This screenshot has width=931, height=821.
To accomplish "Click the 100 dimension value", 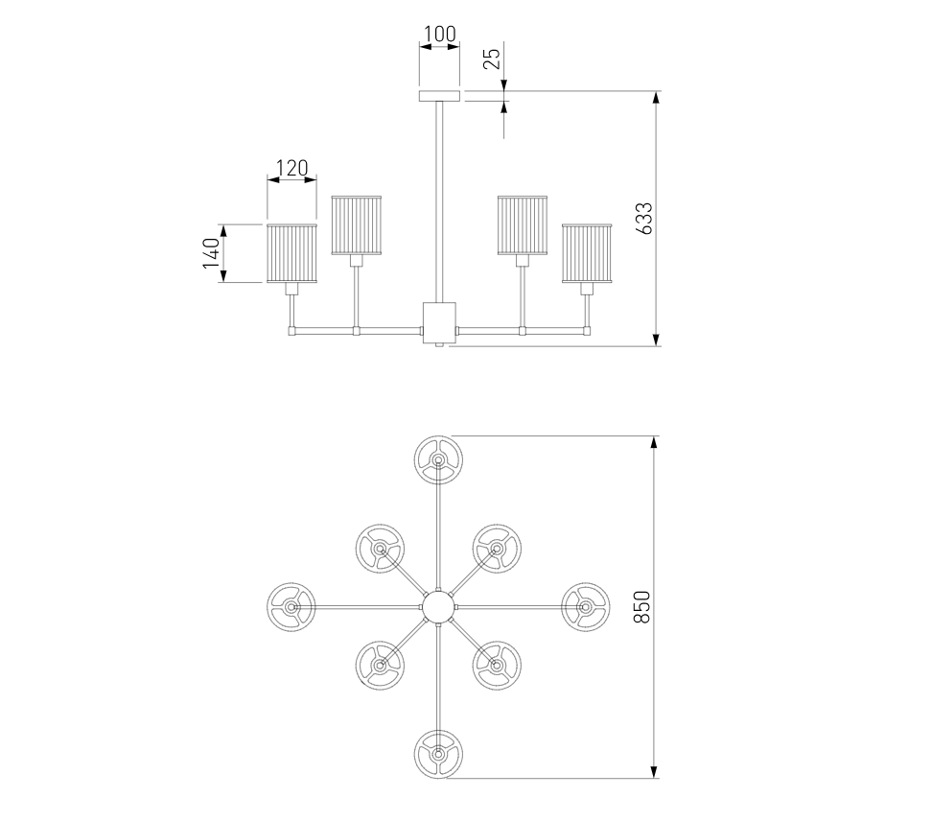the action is [439, 34].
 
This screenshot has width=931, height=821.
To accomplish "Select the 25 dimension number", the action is [491, 59].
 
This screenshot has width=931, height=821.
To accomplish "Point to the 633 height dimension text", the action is [645, 219].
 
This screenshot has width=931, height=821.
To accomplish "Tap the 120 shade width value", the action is [291, 169].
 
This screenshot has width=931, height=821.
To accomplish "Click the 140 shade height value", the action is [212, 253].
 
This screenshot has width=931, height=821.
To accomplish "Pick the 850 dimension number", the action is [643, 607].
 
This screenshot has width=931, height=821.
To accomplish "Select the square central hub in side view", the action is [438, 321].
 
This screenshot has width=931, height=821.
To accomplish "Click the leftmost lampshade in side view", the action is [291, 254].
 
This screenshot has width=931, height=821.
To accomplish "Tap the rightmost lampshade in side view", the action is [587, 254].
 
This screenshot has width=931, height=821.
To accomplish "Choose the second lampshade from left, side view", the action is [358, 225].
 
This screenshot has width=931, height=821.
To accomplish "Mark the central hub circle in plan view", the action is [438, 606].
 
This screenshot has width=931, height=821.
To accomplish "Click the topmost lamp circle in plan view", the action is [438, 459].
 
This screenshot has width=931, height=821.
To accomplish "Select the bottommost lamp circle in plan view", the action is [438, 754].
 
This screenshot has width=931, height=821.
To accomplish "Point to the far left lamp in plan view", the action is [291, 606].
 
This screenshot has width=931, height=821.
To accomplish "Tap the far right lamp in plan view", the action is [585, 606].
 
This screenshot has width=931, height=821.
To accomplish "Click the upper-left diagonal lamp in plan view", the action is [380, 549].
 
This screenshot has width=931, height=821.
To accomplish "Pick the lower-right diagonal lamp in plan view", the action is [497, 664].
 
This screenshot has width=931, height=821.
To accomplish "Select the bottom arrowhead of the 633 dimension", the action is [657, 339].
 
